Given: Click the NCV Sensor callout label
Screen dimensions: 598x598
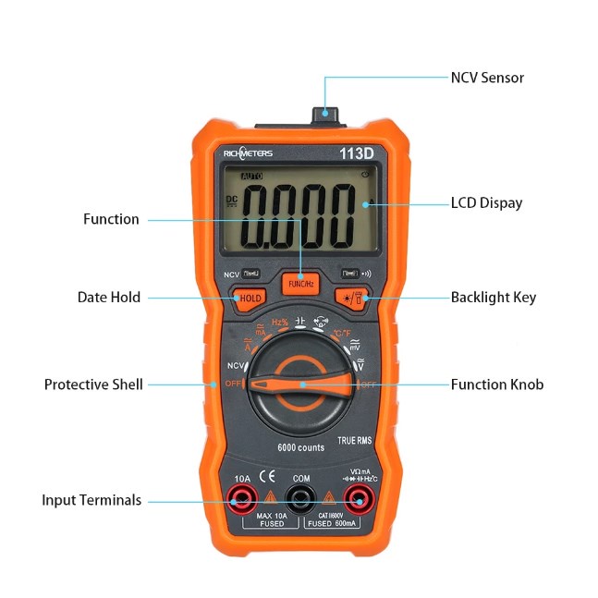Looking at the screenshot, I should click(x=486, y=78).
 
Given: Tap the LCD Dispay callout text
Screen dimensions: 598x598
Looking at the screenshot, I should click(x=486, y=203).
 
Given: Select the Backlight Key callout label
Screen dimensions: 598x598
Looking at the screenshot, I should click(x=493, y=298).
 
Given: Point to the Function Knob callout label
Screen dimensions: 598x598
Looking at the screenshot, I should click(x=496, y=384).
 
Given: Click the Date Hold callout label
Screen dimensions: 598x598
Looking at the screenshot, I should click(x=109, y=298).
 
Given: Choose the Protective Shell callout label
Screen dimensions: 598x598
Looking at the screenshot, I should click(x=93, y=384).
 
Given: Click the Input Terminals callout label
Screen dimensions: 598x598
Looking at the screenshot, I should click(x=92, y=500).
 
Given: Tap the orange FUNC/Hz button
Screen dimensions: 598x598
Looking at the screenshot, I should click(x=300, y=284).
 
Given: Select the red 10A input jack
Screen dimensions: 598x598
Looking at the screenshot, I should click(x=243, y=501).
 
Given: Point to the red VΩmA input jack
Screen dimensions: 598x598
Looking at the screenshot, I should click(x=358, y=501).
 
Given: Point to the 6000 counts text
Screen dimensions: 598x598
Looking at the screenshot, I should click(x=301, y=448).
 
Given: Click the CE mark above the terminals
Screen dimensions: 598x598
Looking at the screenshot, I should click(x=267, y=478).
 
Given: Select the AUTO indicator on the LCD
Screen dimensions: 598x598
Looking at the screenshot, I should click(x=250, y=176).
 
